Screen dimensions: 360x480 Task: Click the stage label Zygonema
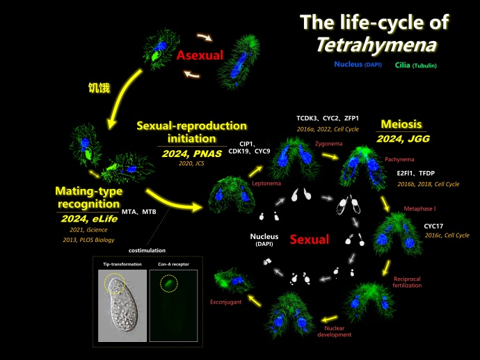click(329, 142)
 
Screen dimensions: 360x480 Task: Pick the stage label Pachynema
click(399, 159)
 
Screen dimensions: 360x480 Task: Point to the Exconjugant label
click(225, 302)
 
